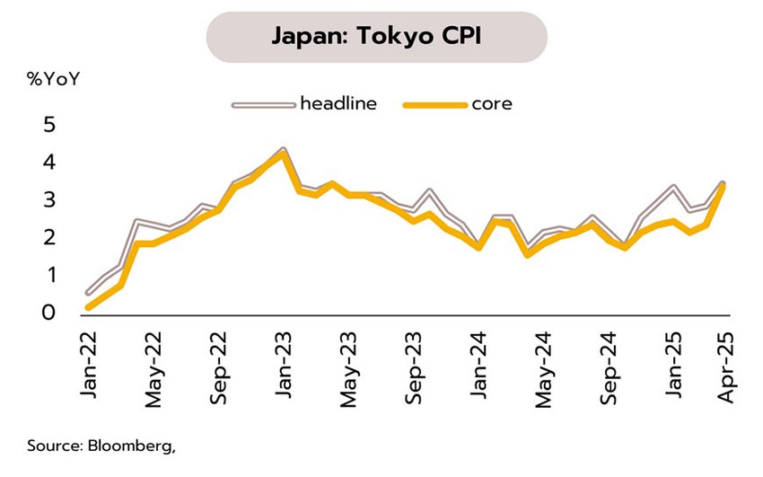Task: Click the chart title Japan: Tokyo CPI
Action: coord(376,37)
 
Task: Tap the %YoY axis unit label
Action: coord(55,79)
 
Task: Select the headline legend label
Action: coord(338,103)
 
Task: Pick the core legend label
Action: coord(492,103)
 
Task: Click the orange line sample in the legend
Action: coord(435,104)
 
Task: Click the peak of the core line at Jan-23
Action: coord(284,153)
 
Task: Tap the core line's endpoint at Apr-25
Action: coord(723,186)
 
